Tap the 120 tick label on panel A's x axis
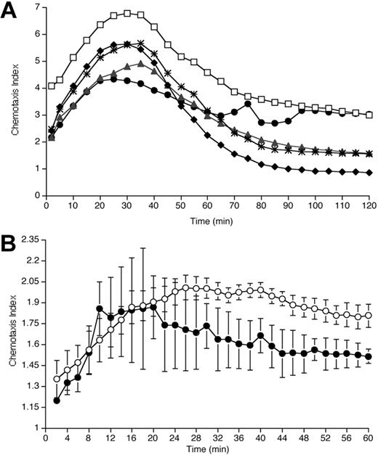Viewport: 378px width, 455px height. pyautogui.click(x=369, y=206)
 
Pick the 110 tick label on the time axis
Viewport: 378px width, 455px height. pyautogui.click(x=342, y=206)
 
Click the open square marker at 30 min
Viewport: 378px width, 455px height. pyautogui.click(x=127, y=13)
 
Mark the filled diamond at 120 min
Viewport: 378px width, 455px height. pyautogui.click(x=369, y=172)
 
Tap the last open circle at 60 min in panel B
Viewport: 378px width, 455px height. pyautogui.click(x=369, y=315)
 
